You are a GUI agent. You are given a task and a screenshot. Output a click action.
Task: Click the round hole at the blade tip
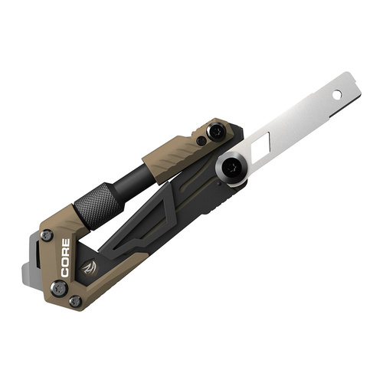[x=336, y=94]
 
